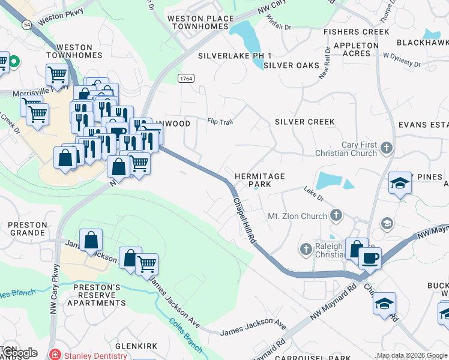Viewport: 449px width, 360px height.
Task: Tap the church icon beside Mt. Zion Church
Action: (336, 215)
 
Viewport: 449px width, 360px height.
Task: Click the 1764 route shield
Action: (186, 79)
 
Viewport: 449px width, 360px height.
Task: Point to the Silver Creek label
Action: (304, 122)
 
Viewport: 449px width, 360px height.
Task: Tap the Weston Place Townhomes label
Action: (200, 23)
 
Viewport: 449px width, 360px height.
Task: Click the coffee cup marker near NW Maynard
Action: (370, 259)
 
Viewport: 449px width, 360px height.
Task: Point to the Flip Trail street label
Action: (220, 121)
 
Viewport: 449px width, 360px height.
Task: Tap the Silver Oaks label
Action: (291, 65)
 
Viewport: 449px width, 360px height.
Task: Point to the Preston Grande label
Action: (28, 229)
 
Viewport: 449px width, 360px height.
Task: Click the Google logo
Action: (19, 353)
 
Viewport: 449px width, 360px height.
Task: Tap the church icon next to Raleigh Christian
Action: (306, 248)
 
